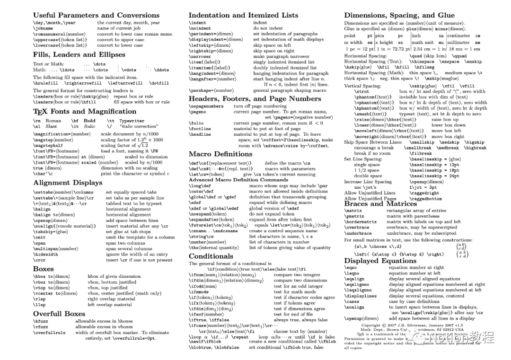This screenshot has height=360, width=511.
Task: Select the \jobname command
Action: pos(44,28)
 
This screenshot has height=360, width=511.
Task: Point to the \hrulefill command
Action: pos(46,83)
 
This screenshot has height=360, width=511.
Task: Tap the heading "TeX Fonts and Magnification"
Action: pos(78,112)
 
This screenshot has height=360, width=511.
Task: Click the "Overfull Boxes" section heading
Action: pos(59,313)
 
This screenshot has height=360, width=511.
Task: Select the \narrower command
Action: pos(200,56)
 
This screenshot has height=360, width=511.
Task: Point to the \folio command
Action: pos(196,123)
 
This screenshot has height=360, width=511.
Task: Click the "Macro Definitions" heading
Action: pos(220,154)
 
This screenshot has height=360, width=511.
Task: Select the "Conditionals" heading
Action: pos(211,256)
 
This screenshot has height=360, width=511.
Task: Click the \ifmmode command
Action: pos(199,292)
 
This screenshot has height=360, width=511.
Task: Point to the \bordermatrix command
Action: pos(361,221)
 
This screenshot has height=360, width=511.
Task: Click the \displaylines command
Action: pos(361,296)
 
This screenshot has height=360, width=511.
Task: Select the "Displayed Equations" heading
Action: pos(380,261)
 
